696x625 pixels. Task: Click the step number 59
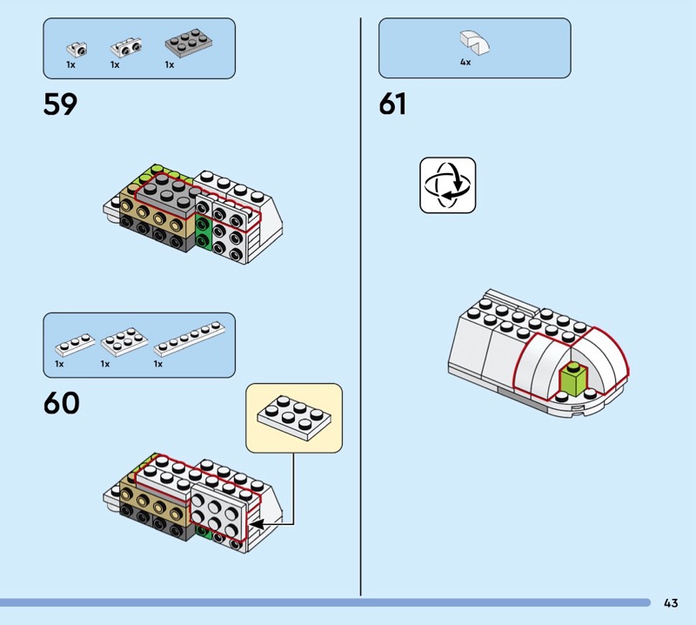(x=60, y=104)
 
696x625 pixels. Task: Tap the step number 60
(x=61, y=403)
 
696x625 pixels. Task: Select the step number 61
(x=392, y=104)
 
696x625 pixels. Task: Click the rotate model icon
(x=447, y=185)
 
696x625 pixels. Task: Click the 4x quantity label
(x=465, y=63)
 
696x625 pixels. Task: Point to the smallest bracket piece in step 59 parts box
(x=77, y=47)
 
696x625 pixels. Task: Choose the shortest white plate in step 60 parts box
(x=74, y=343)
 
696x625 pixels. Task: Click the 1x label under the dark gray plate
(x=169, y=64)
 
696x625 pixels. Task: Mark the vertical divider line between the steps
(x=361, y=305)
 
